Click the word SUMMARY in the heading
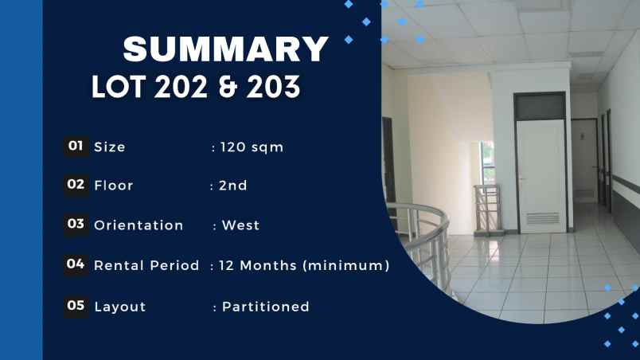[x=226, y=49]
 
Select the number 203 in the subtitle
[x=271, y=87]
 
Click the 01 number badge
[x=76, y=146]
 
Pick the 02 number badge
[x=76, y=185]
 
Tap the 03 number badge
[x=76, y=225]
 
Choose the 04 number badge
[x=76, y=264]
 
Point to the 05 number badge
[x=76, y=305]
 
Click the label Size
[x=109, y=147]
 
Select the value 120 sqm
[x=252, y=147]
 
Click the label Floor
[x=113, y=186]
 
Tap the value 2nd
[x=233, y=186]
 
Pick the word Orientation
[x=139, y=226]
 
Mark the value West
[x=240, y=226]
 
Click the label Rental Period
[x=146, y=266]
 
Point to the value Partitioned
[x=265, y=307]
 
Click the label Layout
[x=119, y=307]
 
